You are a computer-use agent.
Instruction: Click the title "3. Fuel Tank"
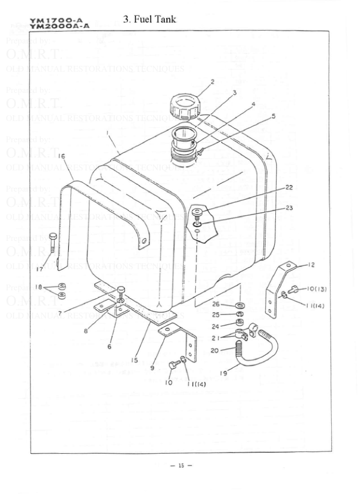(149, 19)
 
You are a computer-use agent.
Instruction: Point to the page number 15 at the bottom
(181, 465)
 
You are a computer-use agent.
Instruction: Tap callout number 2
(212, 81)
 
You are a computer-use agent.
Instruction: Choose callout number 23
(289, 207)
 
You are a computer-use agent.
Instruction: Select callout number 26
(216, 304)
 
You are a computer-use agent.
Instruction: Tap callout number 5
(273, 116)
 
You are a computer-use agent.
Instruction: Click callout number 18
(38, 287)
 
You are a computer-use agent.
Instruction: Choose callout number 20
(215, 350)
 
